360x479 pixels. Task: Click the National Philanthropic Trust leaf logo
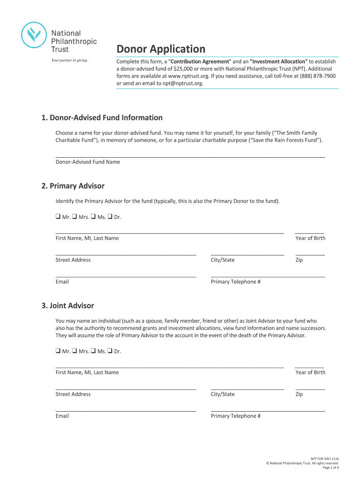point(35,36)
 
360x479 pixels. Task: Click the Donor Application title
point(160,49)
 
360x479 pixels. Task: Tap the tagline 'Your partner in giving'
point(69,60)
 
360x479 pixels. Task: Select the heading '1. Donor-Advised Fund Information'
point(101,118)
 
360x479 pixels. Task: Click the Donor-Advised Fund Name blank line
point(190,155)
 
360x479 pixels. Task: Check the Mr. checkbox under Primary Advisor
point(58,217)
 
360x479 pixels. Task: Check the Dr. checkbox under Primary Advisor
point(110,217)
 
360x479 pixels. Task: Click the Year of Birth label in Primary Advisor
point(310,238)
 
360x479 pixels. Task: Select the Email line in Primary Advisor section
point(125,276)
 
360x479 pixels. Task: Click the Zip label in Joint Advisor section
point(299,394)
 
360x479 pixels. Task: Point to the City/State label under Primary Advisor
point(223,260)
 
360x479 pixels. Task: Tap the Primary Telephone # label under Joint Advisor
point(236,416)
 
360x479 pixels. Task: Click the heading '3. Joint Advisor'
point(67,306)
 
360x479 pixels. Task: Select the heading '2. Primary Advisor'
point(72,186)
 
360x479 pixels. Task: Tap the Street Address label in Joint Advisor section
point(73,394)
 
